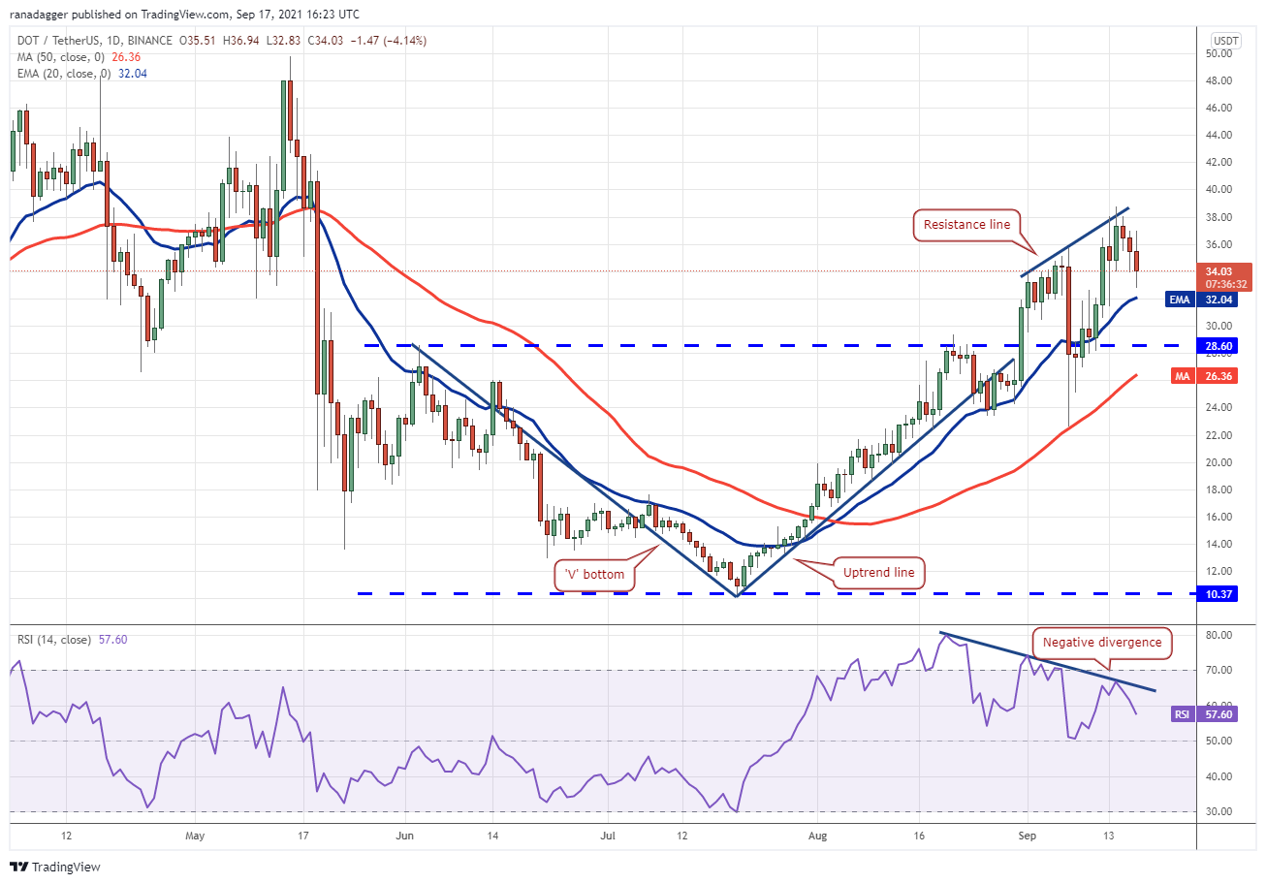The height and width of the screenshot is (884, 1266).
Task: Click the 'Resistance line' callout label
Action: point(966,225)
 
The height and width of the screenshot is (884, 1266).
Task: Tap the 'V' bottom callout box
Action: point(595,574)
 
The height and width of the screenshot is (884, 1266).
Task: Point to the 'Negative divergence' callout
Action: point(1101,642)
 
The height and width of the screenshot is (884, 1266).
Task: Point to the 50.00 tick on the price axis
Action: point(1219,53)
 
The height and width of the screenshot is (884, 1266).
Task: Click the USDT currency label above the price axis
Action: point(1226,41)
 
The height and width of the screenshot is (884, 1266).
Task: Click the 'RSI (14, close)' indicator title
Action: point(54,640)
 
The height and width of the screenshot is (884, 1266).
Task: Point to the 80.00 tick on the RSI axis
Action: point(1219,635)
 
